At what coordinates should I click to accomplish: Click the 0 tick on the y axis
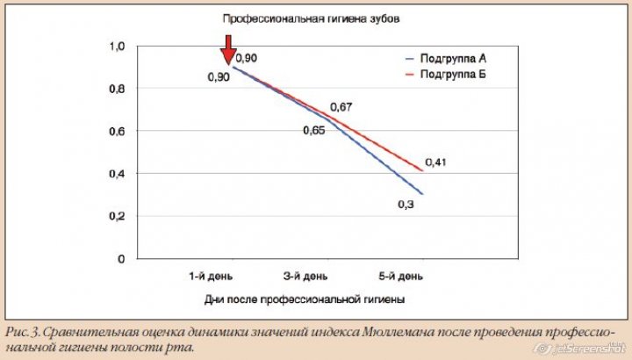pyautogui.click(x=121, y=259)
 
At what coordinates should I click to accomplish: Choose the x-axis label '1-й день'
pyautogui.click(x=211, y=276)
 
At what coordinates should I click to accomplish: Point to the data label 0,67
pyautogui.click(x=341, y=107)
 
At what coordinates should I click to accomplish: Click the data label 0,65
pyautogui.click(x=313, y=130)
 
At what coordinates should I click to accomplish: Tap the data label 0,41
pyautogui.click(x=436, y=162)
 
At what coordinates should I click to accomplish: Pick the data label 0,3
pyautogui.click(x=406, y=204)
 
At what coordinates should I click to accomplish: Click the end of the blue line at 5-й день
pyautogui.click(x=423, y=194)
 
